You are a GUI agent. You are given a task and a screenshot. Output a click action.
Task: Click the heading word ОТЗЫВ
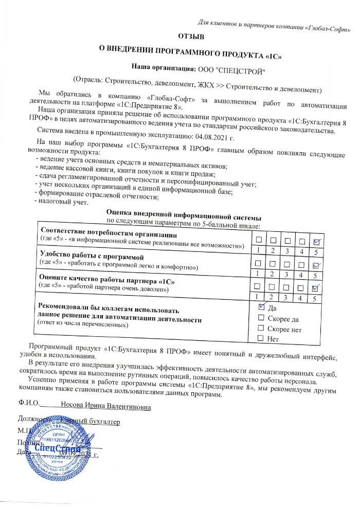click(x=191, y=37)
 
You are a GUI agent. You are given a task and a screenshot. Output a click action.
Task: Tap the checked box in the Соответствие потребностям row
click(x=317, y=242)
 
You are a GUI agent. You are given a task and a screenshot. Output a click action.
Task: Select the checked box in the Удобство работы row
click(x=317, y=265)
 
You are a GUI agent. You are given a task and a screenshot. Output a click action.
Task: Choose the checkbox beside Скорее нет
click(x=261, y=328)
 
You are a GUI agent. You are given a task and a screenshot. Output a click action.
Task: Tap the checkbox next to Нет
click(x=261, y=338)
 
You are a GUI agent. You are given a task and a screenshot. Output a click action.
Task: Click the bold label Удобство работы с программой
click(x=91, y=256)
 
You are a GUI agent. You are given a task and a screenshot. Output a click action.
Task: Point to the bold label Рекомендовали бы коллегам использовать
click(x=109, y=310)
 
